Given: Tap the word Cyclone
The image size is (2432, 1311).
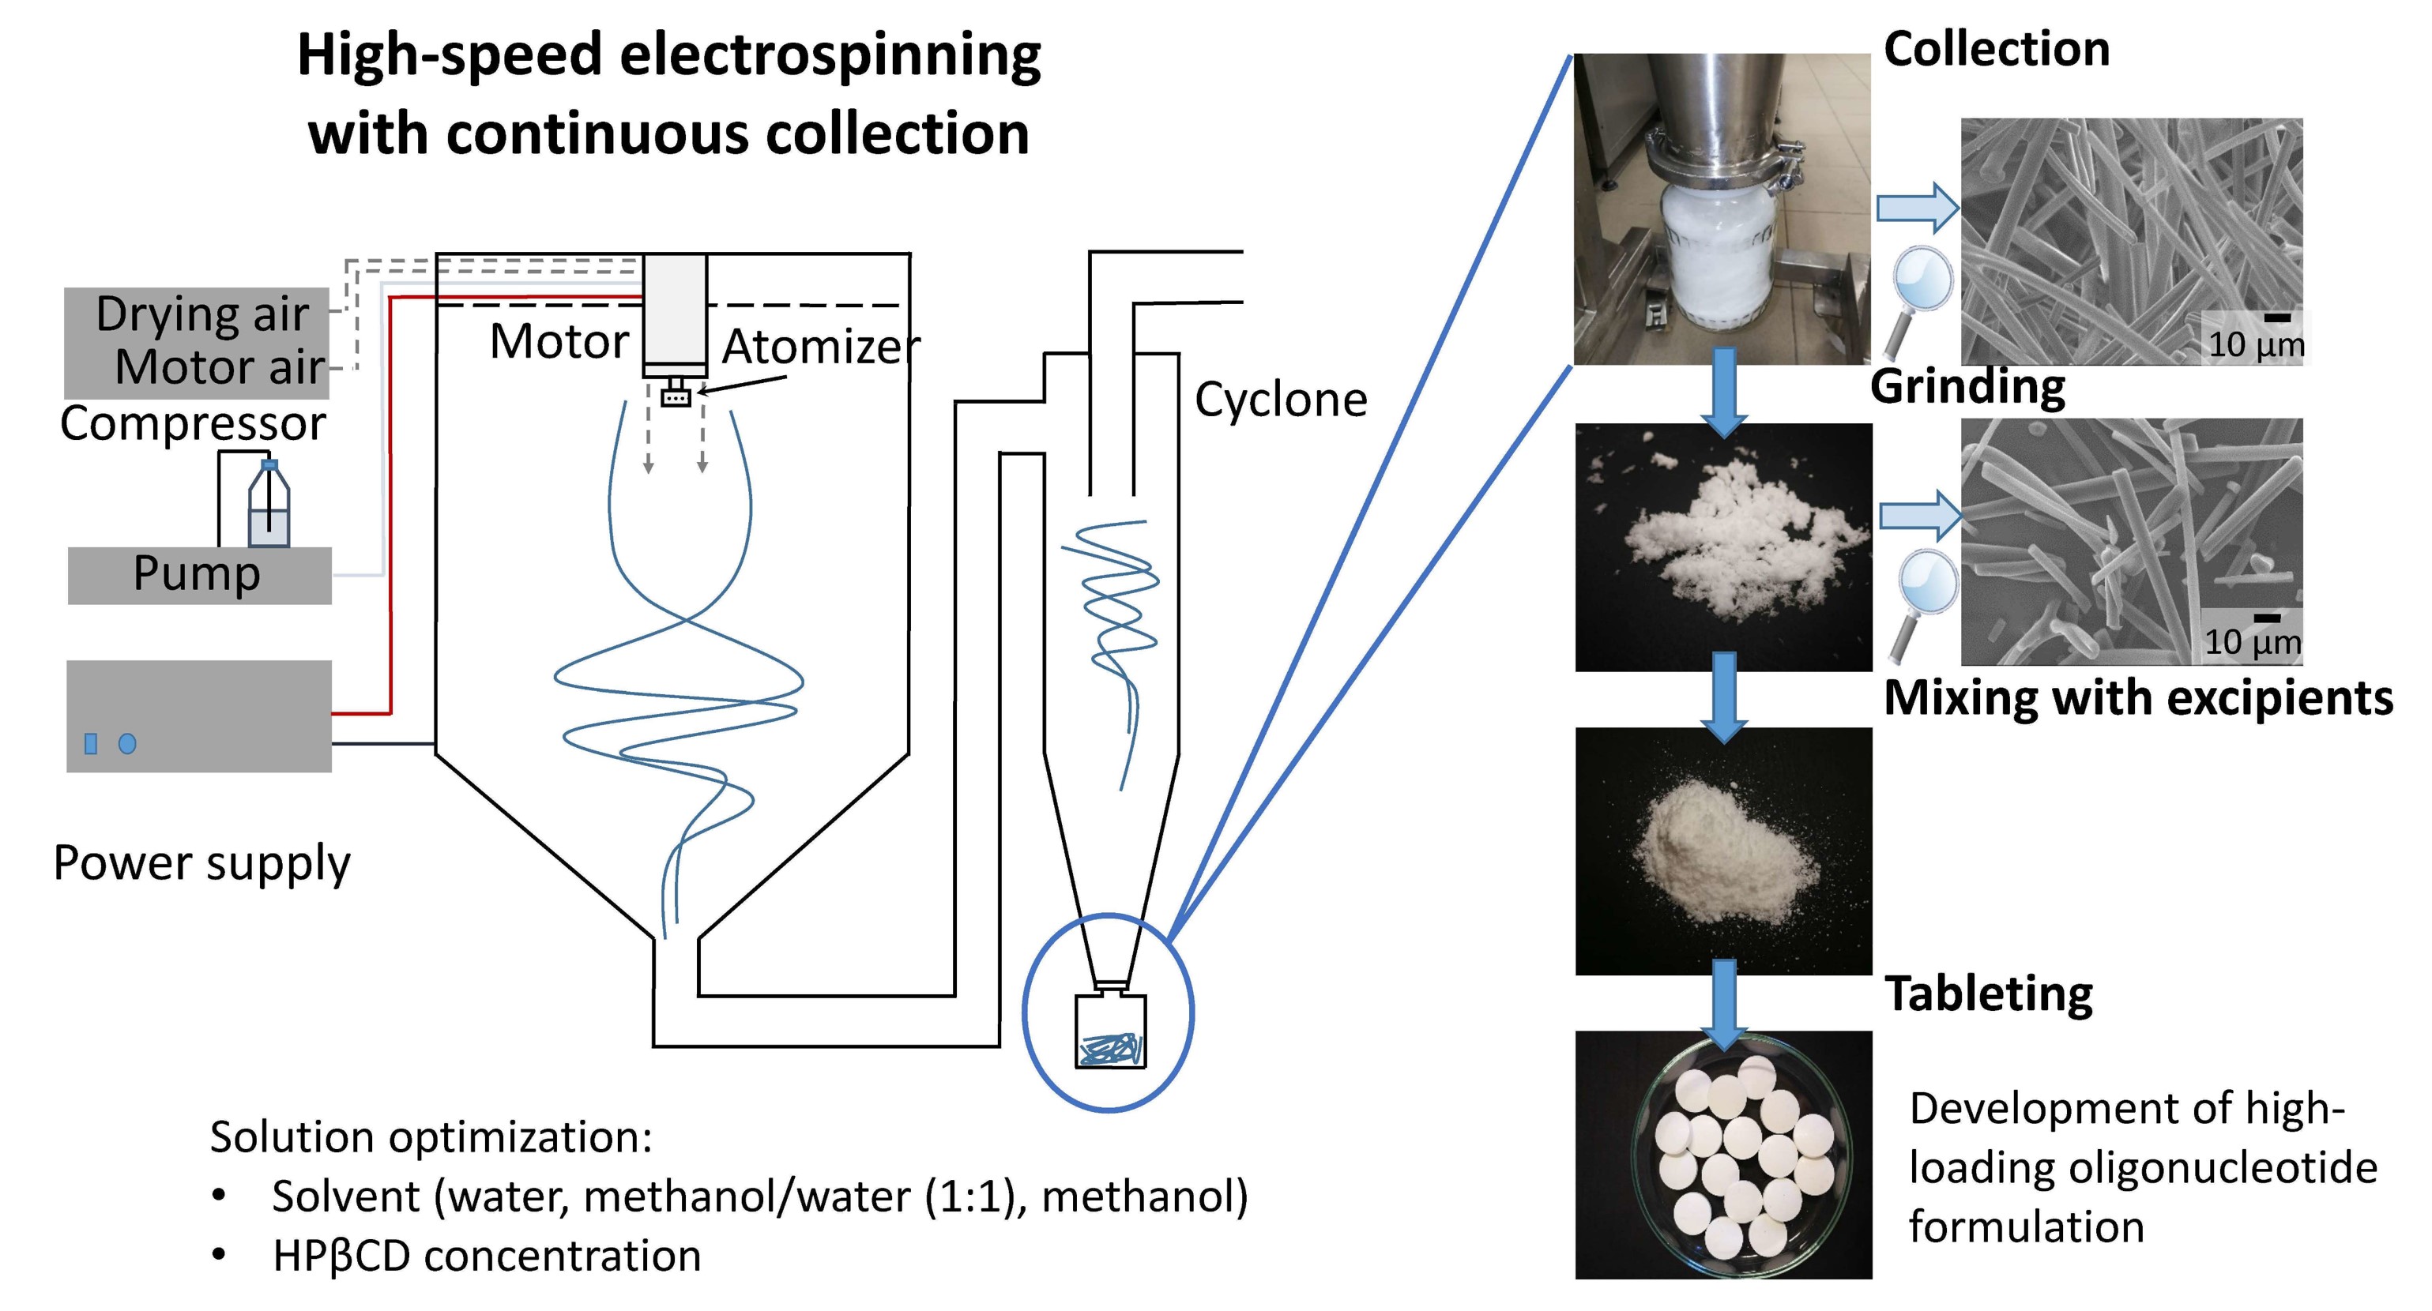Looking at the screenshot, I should click(x=1280, y=400).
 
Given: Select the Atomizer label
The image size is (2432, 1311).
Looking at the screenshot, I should click(x=820, y=347).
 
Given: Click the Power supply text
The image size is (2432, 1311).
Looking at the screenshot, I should click(x=201, y=862).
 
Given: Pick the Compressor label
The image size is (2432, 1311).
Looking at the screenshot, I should click(x=193, y=423).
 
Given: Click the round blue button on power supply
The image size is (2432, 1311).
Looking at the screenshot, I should click(x=127, y=744).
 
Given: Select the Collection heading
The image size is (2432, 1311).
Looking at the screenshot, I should click(x=1996, y=49).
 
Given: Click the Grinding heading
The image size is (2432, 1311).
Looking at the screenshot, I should click(x=1967, y=386).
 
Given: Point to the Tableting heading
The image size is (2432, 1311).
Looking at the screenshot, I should click(x=1988, y=994).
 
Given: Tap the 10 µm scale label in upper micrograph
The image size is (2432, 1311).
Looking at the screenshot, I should click(x=2256, y=344).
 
